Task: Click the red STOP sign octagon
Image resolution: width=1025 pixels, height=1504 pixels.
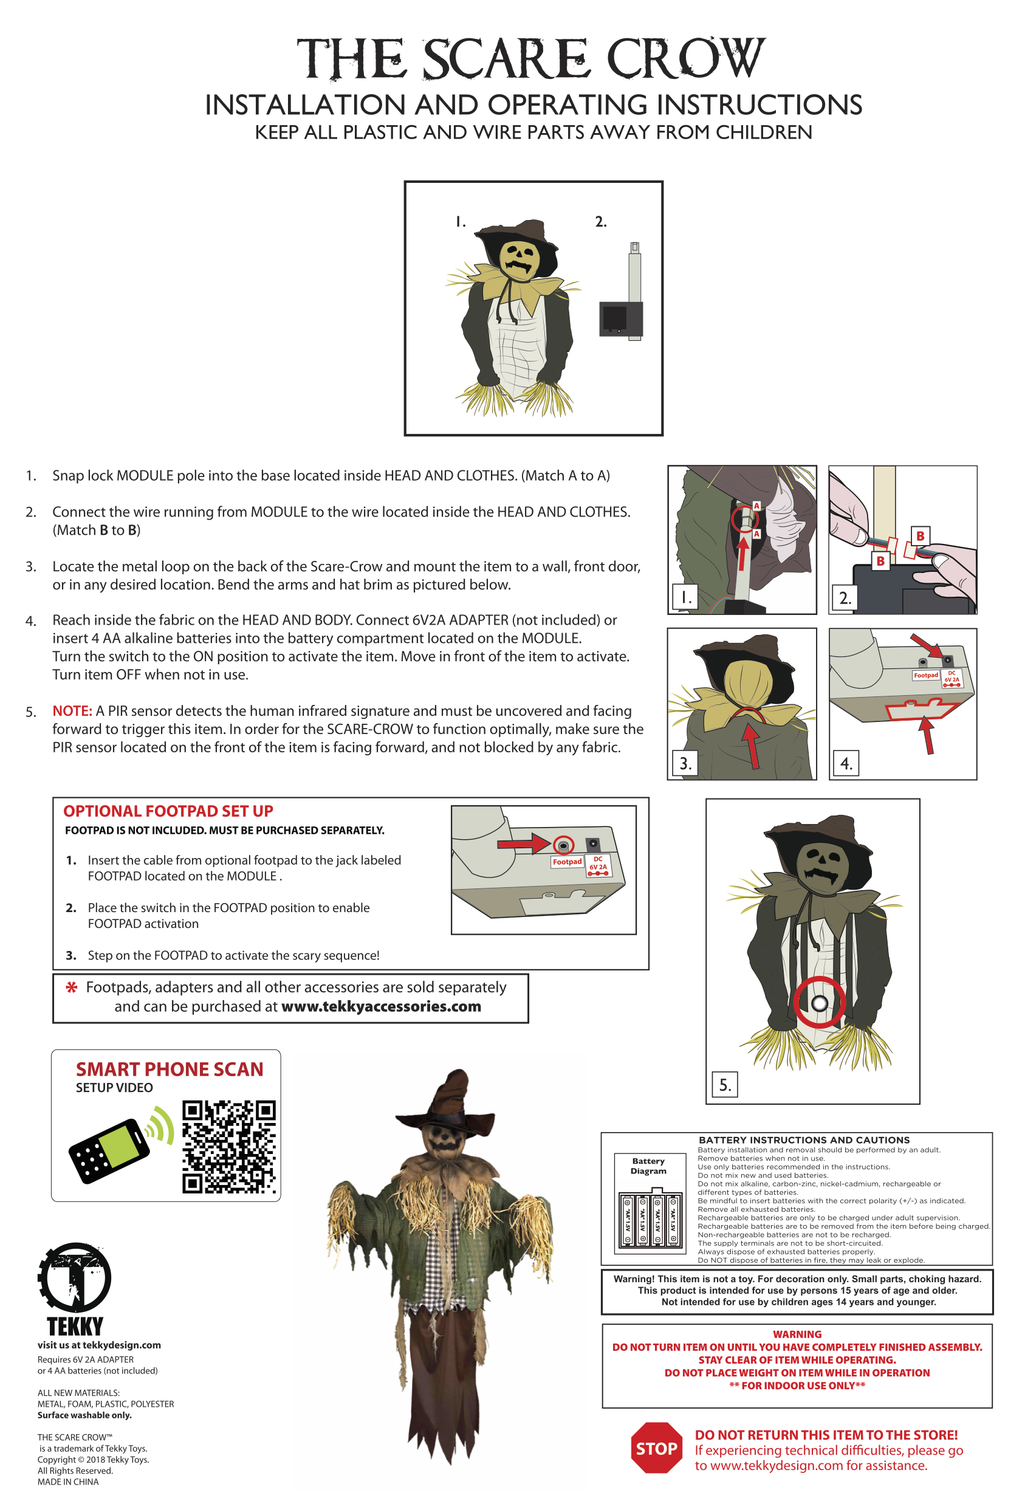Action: (656, 1447)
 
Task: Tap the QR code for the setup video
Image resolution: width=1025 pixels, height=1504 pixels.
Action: (228, 1147)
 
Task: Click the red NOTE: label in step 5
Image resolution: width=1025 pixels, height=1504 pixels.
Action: (72, 710)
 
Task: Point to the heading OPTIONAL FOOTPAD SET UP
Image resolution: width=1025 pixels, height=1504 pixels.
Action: (168, 811)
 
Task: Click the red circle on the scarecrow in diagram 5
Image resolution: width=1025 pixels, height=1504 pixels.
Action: (819, 1003)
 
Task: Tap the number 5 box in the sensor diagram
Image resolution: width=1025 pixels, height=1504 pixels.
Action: (725, 1085)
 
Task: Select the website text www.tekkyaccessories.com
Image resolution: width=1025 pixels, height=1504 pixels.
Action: (380, 1006)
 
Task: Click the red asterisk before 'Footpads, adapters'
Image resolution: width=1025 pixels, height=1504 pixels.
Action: (72, 987)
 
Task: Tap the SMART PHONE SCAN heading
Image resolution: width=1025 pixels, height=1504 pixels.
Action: (170, 1069)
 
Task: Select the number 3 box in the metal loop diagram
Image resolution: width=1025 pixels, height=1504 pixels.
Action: (685, 764)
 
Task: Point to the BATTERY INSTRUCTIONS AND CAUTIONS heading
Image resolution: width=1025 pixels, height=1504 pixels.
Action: (804, 1139)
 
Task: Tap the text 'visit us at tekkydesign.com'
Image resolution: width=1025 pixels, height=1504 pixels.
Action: (99, 1345)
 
